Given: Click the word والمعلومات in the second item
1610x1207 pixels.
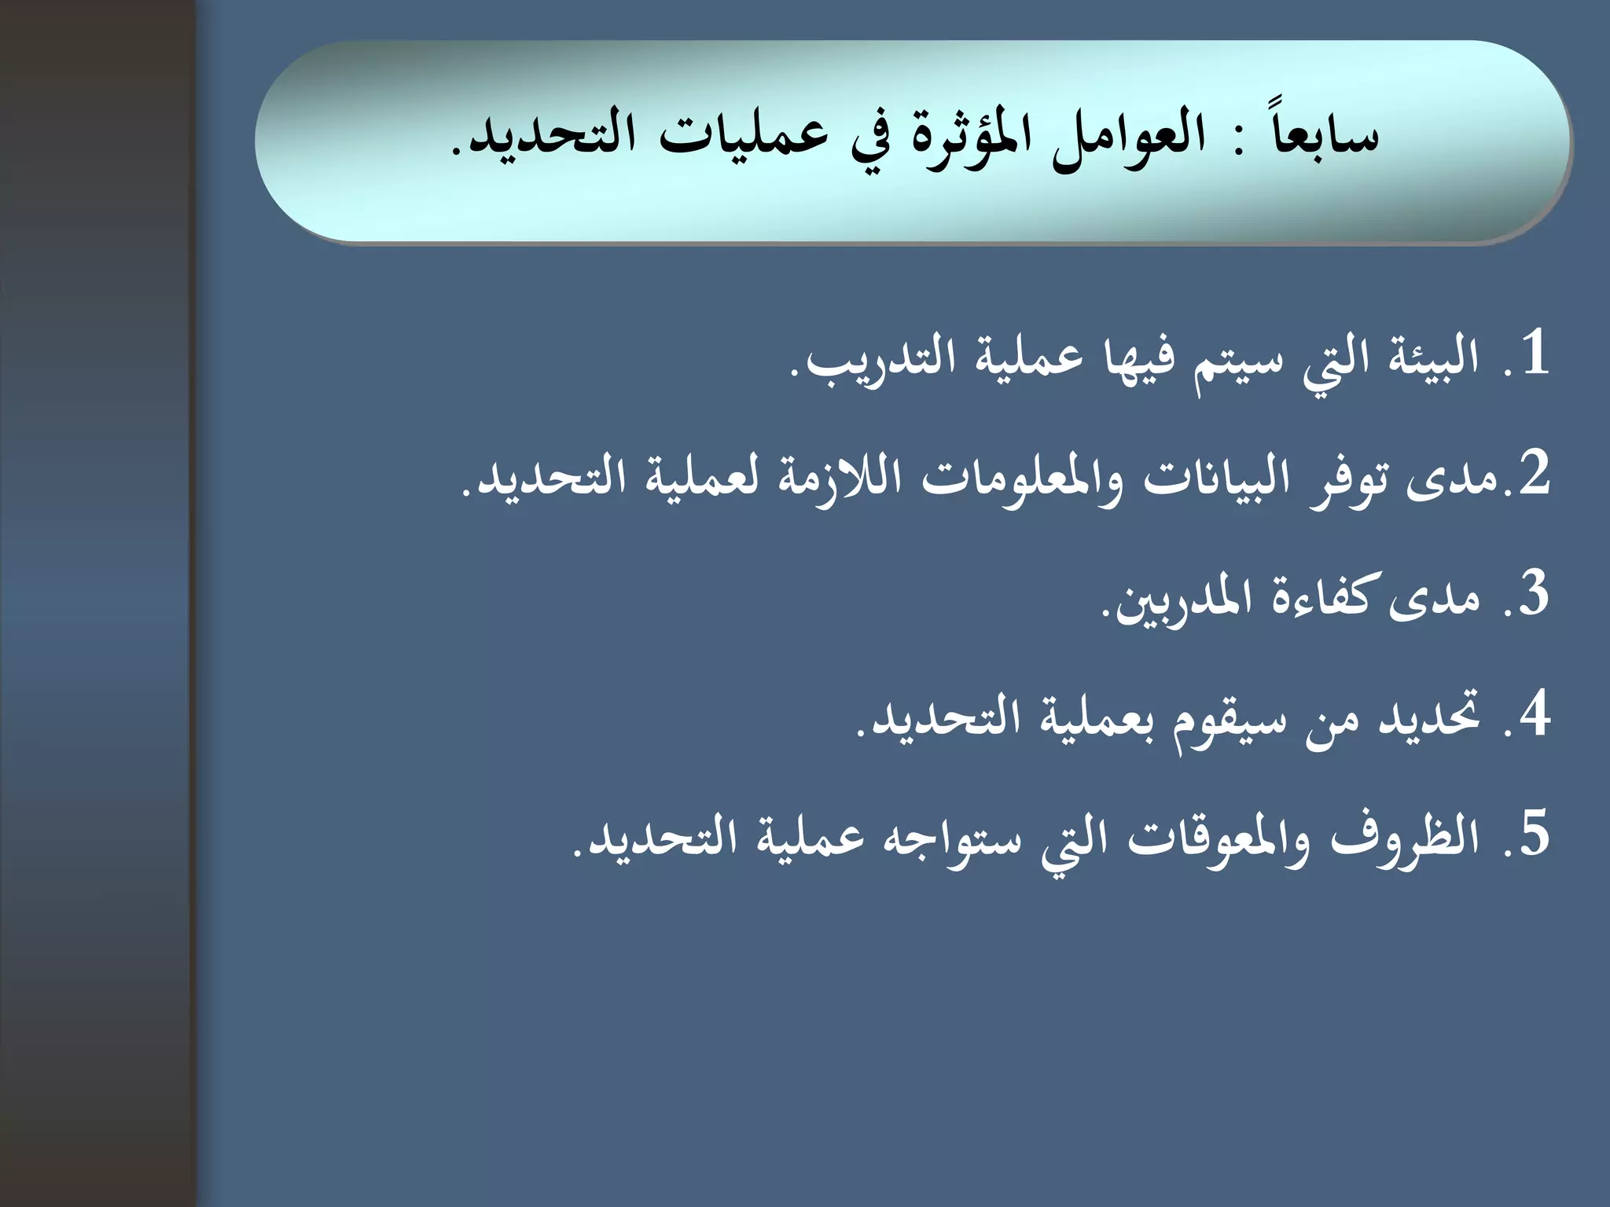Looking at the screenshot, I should click(x=1023, y=479).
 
